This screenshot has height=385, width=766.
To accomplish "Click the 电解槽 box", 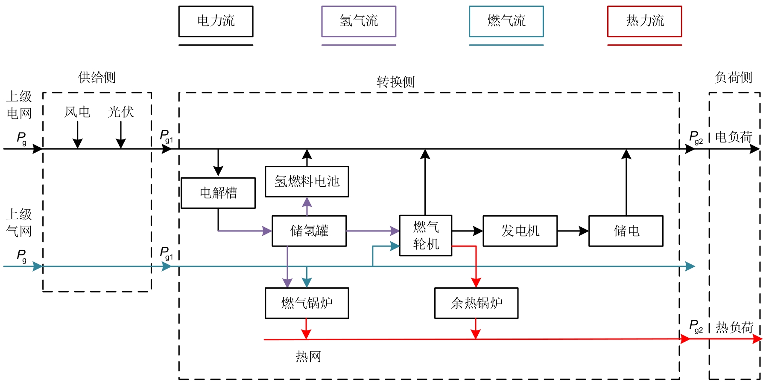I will (x=218, y=193).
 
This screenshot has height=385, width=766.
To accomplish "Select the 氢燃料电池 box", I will (x=307, y=182).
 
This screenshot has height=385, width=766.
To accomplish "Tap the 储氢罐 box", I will (x=309, y=231).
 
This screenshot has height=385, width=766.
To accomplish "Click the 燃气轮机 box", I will (x=426, y=235).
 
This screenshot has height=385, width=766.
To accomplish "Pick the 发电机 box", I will (x=520, y=231).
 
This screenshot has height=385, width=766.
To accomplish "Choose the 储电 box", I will (x=626, y=231).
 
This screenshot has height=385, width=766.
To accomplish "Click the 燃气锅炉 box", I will (x=307, y=303).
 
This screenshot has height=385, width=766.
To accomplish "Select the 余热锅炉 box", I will (x=476, y=303).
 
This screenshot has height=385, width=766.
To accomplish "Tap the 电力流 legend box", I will (x=216, y=21).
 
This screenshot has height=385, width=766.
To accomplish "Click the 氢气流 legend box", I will (x=359, y=21).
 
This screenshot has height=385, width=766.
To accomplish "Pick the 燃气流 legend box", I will (x=506, y=21).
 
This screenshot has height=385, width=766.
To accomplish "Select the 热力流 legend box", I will (x=645, y=21).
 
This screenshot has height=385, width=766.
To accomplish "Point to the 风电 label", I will (x=77, y=112).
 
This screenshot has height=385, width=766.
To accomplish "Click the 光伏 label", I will (x=121, y=112).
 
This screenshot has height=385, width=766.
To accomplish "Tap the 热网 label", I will (x=308, y=356).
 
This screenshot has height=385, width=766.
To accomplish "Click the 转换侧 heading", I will (x=396, y=82).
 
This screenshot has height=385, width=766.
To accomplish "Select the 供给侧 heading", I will (x=97, y=78).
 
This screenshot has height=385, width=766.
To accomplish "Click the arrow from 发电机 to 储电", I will (x=573, y=231).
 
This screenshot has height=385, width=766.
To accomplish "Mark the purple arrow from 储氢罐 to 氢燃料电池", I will (x=307, y=206).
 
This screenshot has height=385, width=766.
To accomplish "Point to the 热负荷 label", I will (x=734, y=327).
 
